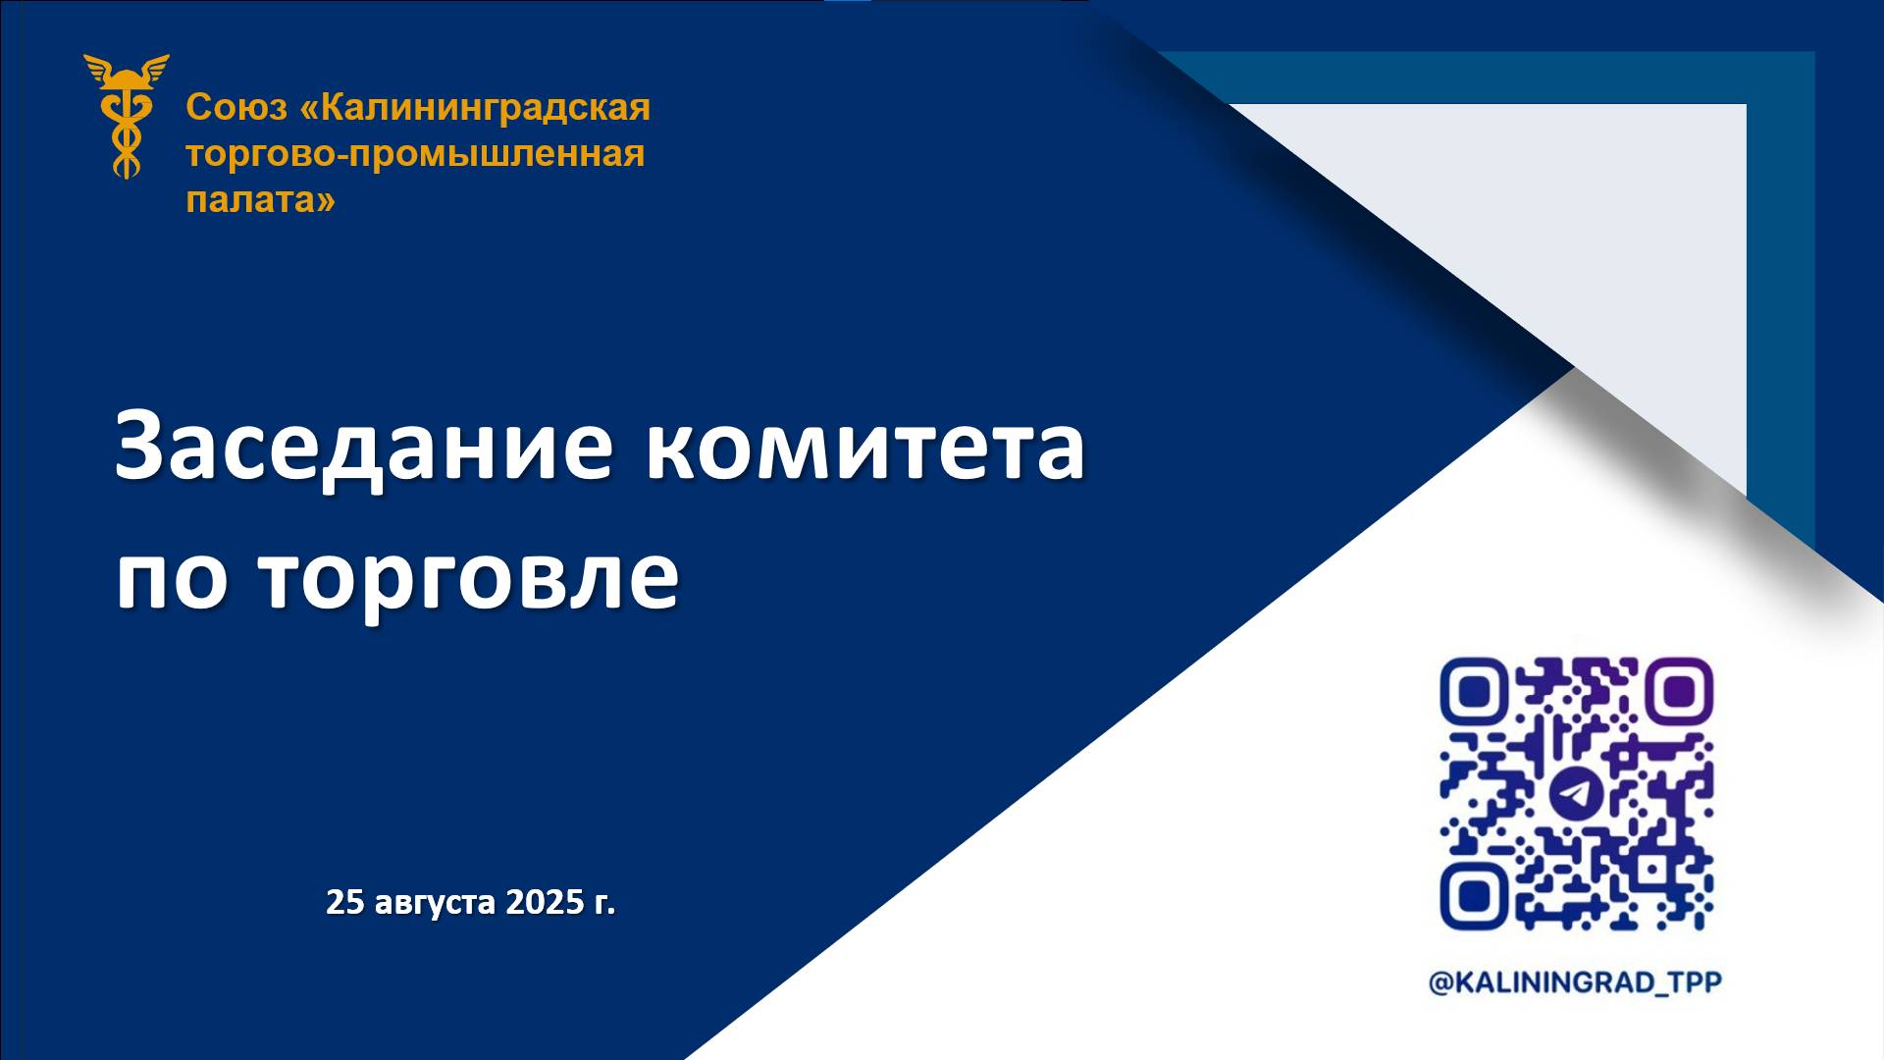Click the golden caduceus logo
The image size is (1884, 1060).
[127, 116]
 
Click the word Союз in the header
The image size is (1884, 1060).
[236, 107]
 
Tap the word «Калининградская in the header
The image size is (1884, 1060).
[475, 107]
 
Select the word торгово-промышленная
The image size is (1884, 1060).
[415, 154]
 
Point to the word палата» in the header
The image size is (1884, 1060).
[260, 200]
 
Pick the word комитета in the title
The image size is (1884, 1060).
[864, 448]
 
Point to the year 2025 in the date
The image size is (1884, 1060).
[545, 901]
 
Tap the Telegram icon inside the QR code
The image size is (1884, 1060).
[1576, 793]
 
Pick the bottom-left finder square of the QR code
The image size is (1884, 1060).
[1473, 896]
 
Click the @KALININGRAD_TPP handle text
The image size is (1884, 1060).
[1575, 982]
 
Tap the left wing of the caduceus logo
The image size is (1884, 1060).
[102, 69]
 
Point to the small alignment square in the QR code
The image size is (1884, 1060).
[1654, 870]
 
